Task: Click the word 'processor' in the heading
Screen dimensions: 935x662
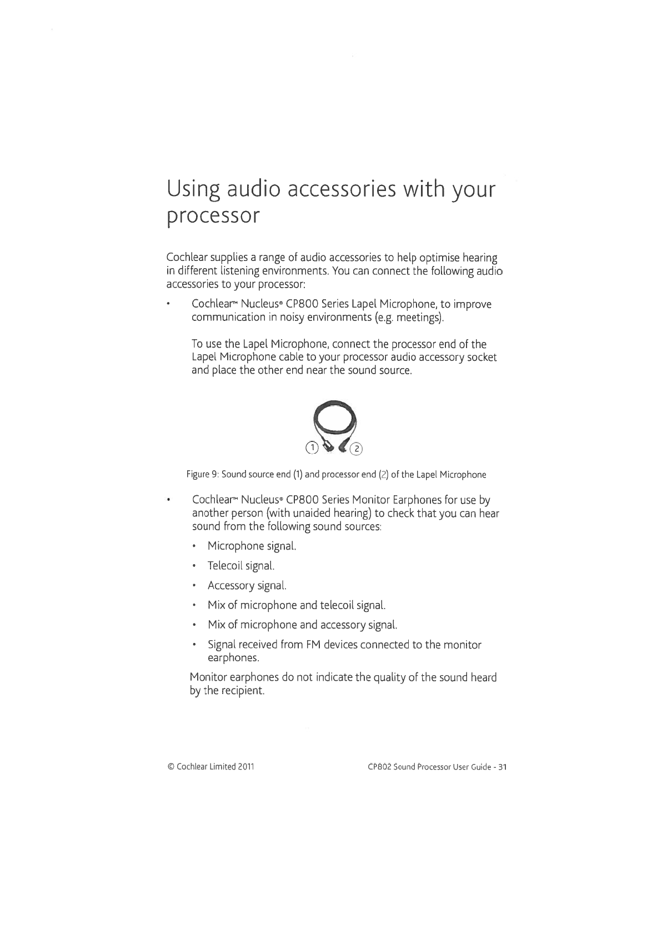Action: pyautogui.click(x=213, y=217)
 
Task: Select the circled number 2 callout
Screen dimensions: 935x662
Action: pyautogui.click(x=357, y=449)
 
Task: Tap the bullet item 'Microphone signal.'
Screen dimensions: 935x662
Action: pyautogui.click(x=252, y=546)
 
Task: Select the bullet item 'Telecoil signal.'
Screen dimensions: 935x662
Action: pyautogui.click(x=241, y=566)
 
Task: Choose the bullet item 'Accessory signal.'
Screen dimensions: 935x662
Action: pyautogui.click(x=247, y=585)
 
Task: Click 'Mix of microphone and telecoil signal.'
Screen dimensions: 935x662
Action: pyautogui.click(x=297, y=605)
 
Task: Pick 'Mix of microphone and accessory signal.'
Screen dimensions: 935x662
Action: pyautogui.click(x=303, y=625)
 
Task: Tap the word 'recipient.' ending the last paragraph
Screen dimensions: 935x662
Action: pyautogui.click(x=238, y=691)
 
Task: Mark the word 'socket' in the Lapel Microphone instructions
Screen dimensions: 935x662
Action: pyautogui.click(x=480, y=356)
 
